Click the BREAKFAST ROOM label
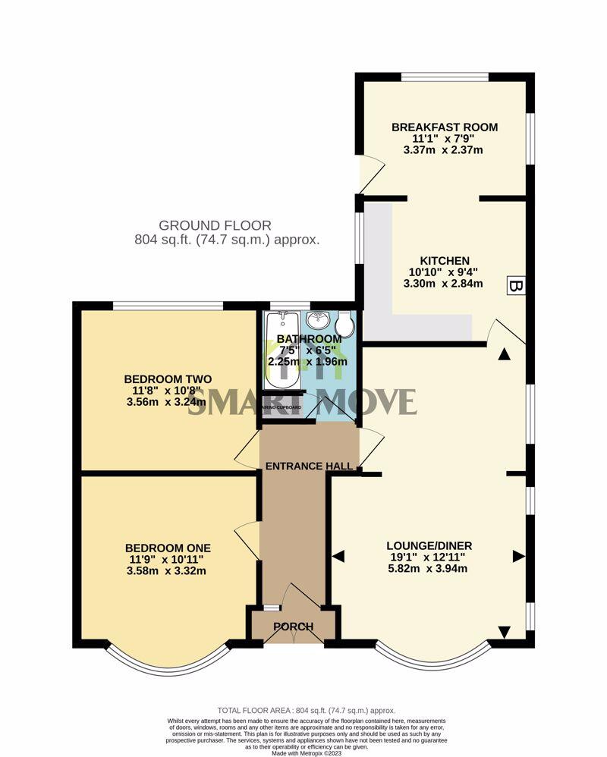445,127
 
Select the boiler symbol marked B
515,286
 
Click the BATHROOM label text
309,338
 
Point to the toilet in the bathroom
345,325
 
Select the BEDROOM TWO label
168,379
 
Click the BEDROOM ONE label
168,548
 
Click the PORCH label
293,627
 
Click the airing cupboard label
282,407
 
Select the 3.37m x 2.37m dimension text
445,150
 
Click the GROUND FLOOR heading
215,225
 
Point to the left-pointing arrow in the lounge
338,557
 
